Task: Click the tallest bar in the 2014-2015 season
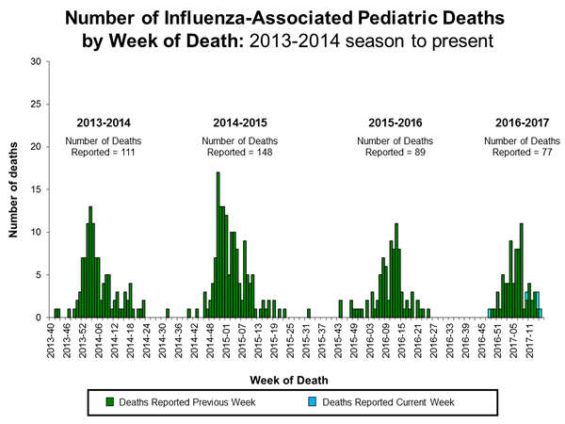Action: tap(218, 245)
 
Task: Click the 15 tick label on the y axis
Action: tap(36, 189)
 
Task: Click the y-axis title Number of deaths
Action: tap(15, 189)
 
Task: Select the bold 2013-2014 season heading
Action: tap(105, 122)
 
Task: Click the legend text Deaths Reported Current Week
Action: tap(388, 402)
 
